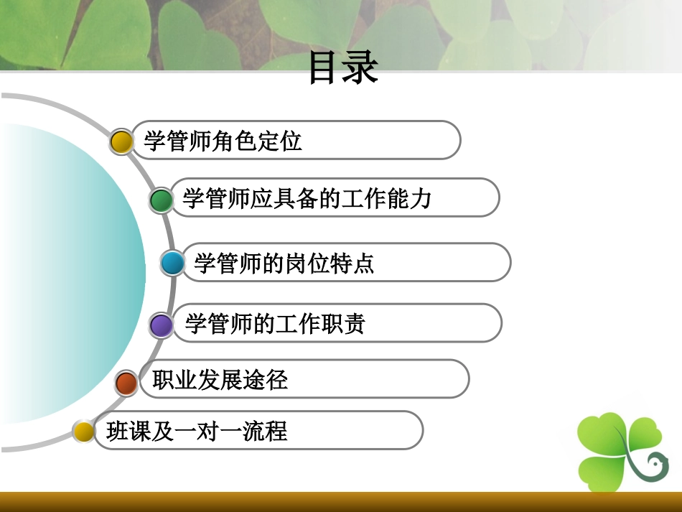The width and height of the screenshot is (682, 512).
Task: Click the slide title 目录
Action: point(343,68)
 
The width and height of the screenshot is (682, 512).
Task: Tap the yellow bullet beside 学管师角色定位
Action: point(122,141)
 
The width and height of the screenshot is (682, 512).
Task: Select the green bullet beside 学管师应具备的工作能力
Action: point(162,200)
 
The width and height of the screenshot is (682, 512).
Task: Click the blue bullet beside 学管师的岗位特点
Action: point(172,264)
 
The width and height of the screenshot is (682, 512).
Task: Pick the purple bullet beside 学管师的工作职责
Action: point(162,325)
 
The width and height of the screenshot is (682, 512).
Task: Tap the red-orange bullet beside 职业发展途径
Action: point(126,383)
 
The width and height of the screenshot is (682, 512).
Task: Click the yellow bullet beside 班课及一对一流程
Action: point(84,432)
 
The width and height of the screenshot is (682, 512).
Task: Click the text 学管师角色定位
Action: point(223,141)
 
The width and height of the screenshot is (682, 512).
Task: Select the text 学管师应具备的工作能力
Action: point(307,198)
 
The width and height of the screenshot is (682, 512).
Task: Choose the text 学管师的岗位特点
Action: point(284,264)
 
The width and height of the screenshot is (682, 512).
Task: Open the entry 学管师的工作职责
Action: point(275,324)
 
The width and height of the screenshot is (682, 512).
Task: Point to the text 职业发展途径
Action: point(220,379)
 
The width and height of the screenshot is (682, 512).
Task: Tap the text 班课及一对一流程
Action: point(196,431)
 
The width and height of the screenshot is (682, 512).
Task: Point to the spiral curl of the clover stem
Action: point(654,466)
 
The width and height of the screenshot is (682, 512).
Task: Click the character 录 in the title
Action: point(361,68)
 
